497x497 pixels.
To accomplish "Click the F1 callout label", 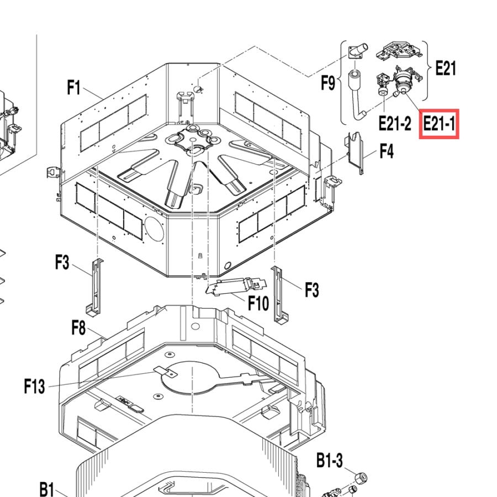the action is pyautogui.click(x=74, y=87).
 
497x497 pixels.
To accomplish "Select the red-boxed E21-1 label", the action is pyautogui.click(x=439, y=123).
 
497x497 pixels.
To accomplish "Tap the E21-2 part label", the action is pyautogui.click(x=395, y=123).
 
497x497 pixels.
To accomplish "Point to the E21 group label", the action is pyautogui.click(x=446, y=68).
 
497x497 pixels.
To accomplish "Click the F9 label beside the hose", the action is pyautogui.click(x=328, y=83).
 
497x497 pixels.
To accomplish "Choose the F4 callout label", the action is pyautogui.click(x=387, y=151).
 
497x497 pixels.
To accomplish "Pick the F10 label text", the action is pyautogui.click(x=258, y=303).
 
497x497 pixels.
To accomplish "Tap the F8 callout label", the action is pyautogui.click(x=78, y=327).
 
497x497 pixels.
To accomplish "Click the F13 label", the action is pyautogui.click(x=35, y=387).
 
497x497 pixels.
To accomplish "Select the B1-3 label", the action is pyautogui.click(x=330, y=460).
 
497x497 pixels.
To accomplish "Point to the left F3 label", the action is pyautogui.click(x=62, y=262).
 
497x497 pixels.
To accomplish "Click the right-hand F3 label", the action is pyautogui.click(x=312, y=290).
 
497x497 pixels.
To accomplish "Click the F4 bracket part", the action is pyautogui.click(x=356, y=153).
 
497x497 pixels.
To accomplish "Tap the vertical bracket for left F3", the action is pyautogui.click(x=95, y=287).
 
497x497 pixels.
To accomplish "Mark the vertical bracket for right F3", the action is pyautogui.click(x=279, y=295).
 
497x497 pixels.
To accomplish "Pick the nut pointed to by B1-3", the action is pyautogui.click(x=361, y=477).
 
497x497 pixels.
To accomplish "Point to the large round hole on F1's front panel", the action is pyautogui.click(x=155, y=228).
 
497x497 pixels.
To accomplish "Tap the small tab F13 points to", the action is pyautogui.click(x=166, y=372).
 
